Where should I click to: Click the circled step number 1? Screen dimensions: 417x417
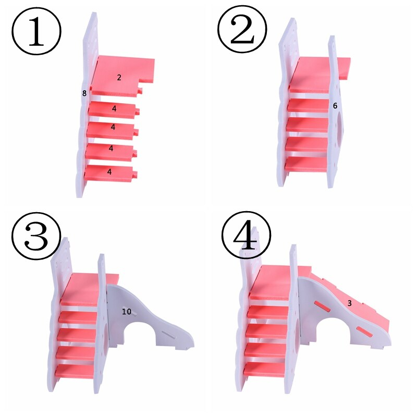click(x=36, y=31)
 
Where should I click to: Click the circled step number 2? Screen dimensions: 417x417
click(x=242, y=29)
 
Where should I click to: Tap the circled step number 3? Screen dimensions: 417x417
click(x=36, y=236)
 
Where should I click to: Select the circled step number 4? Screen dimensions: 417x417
click(x=246, y=235)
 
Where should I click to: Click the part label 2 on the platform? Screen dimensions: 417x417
click(x=119, y=77)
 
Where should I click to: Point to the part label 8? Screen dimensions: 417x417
click(x=84, y=93)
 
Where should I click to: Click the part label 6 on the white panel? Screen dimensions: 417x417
click(x=335, y=106)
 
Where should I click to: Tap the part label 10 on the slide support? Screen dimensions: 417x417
click(x=127, y=311)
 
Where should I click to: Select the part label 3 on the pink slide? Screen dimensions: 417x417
click(x=349, y=303)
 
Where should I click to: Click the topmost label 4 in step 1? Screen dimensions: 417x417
click(x=114, y=108)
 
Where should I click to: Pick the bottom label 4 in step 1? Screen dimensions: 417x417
click(x=109, y=172)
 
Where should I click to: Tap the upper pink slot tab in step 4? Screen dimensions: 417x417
click(x=323, y=306)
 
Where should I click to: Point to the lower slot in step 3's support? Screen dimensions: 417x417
click(x=168, y=335)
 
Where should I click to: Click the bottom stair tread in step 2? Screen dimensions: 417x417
click(x=306, y=164)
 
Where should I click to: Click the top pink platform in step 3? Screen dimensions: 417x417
click(x=89, y=289)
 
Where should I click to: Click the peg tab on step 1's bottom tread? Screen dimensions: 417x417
click(x=135, y=174)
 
